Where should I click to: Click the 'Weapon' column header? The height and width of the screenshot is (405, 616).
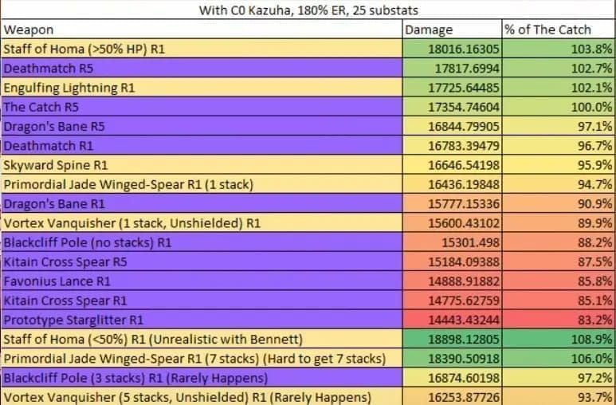click(29, 29)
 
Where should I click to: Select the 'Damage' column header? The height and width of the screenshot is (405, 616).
click(429, 29)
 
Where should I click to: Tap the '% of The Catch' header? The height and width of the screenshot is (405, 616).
click(547, 29)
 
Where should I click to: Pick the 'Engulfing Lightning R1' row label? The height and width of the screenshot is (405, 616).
click(69, 87)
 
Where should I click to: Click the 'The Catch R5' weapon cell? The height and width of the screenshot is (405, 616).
click(41, 107)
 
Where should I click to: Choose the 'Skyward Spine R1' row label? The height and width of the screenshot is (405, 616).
click(57, 165)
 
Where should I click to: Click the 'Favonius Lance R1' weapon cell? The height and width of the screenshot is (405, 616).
click(57, 281)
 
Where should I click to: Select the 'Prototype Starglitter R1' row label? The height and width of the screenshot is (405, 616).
click(73, 320)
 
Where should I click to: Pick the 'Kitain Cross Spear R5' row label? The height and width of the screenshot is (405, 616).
click(65, 261)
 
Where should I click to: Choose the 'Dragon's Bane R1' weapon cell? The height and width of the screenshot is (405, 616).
click(54, 204)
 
